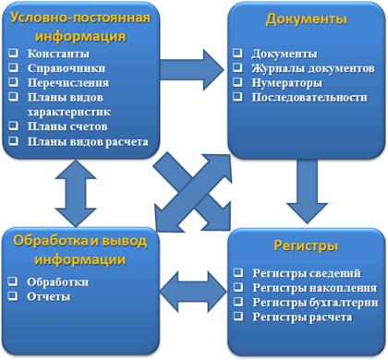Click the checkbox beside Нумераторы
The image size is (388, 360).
pos(239,81)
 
